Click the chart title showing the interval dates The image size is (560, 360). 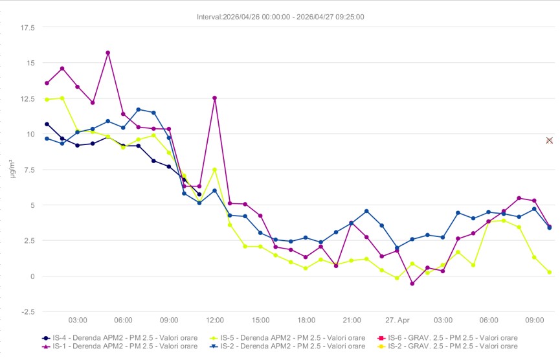tap(280, 17)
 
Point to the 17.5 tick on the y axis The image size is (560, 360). tap(27, 28)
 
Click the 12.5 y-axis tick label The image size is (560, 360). tap(27, 99)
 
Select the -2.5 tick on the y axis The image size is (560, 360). tap(27, 311)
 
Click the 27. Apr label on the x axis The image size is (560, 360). tap(398, 320)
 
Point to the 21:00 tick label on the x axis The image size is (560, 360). tap(352, 320)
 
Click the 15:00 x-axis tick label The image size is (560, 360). tap(260, 320)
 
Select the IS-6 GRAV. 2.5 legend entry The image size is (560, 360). tap(447, 338)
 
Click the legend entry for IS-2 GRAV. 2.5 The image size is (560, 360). tap(447, 346)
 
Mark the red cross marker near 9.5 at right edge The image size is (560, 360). tap(549, 141)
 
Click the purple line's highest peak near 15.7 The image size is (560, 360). tap(108, 52)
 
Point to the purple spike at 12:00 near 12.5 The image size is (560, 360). tap(214, 98)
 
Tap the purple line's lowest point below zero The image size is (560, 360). tap(412, 284)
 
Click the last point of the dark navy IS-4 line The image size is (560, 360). tap(199, 194)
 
